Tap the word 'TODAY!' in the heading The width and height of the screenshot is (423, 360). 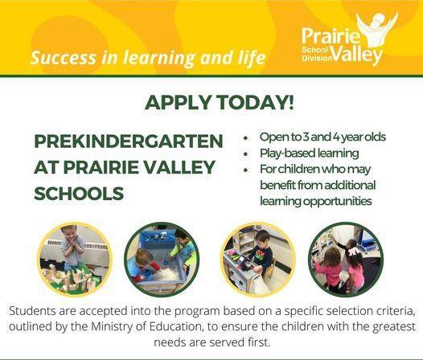[x=243, y=103]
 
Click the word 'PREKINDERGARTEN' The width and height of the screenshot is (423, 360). [x=129, y=141]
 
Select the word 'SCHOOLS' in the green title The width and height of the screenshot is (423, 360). [x=79, y=194]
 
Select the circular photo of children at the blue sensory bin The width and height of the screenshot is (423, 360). [x=161, y=258]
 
